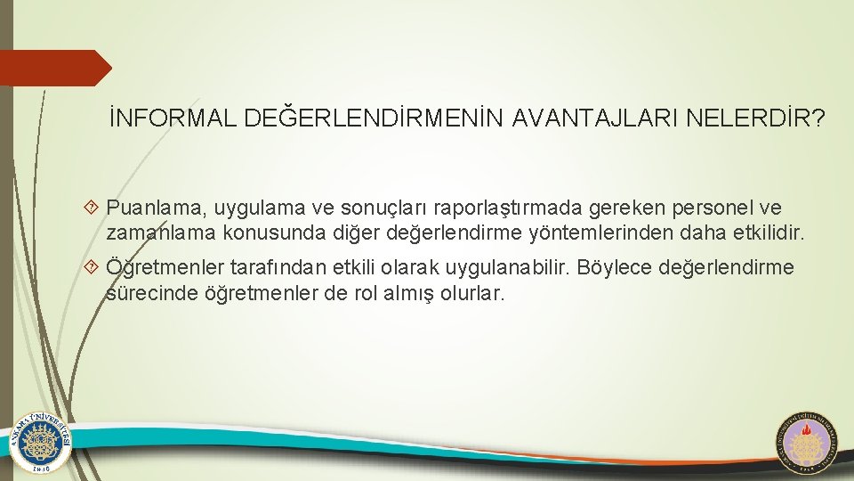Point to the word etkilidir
[x=765, y=234]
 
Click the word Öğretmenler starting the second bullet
[x=165, y=268]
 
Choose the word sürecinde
[x=146, y=293]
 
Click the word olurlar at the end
[x=471, y=293]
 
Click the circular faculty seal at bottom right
[x=808, y=442]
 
